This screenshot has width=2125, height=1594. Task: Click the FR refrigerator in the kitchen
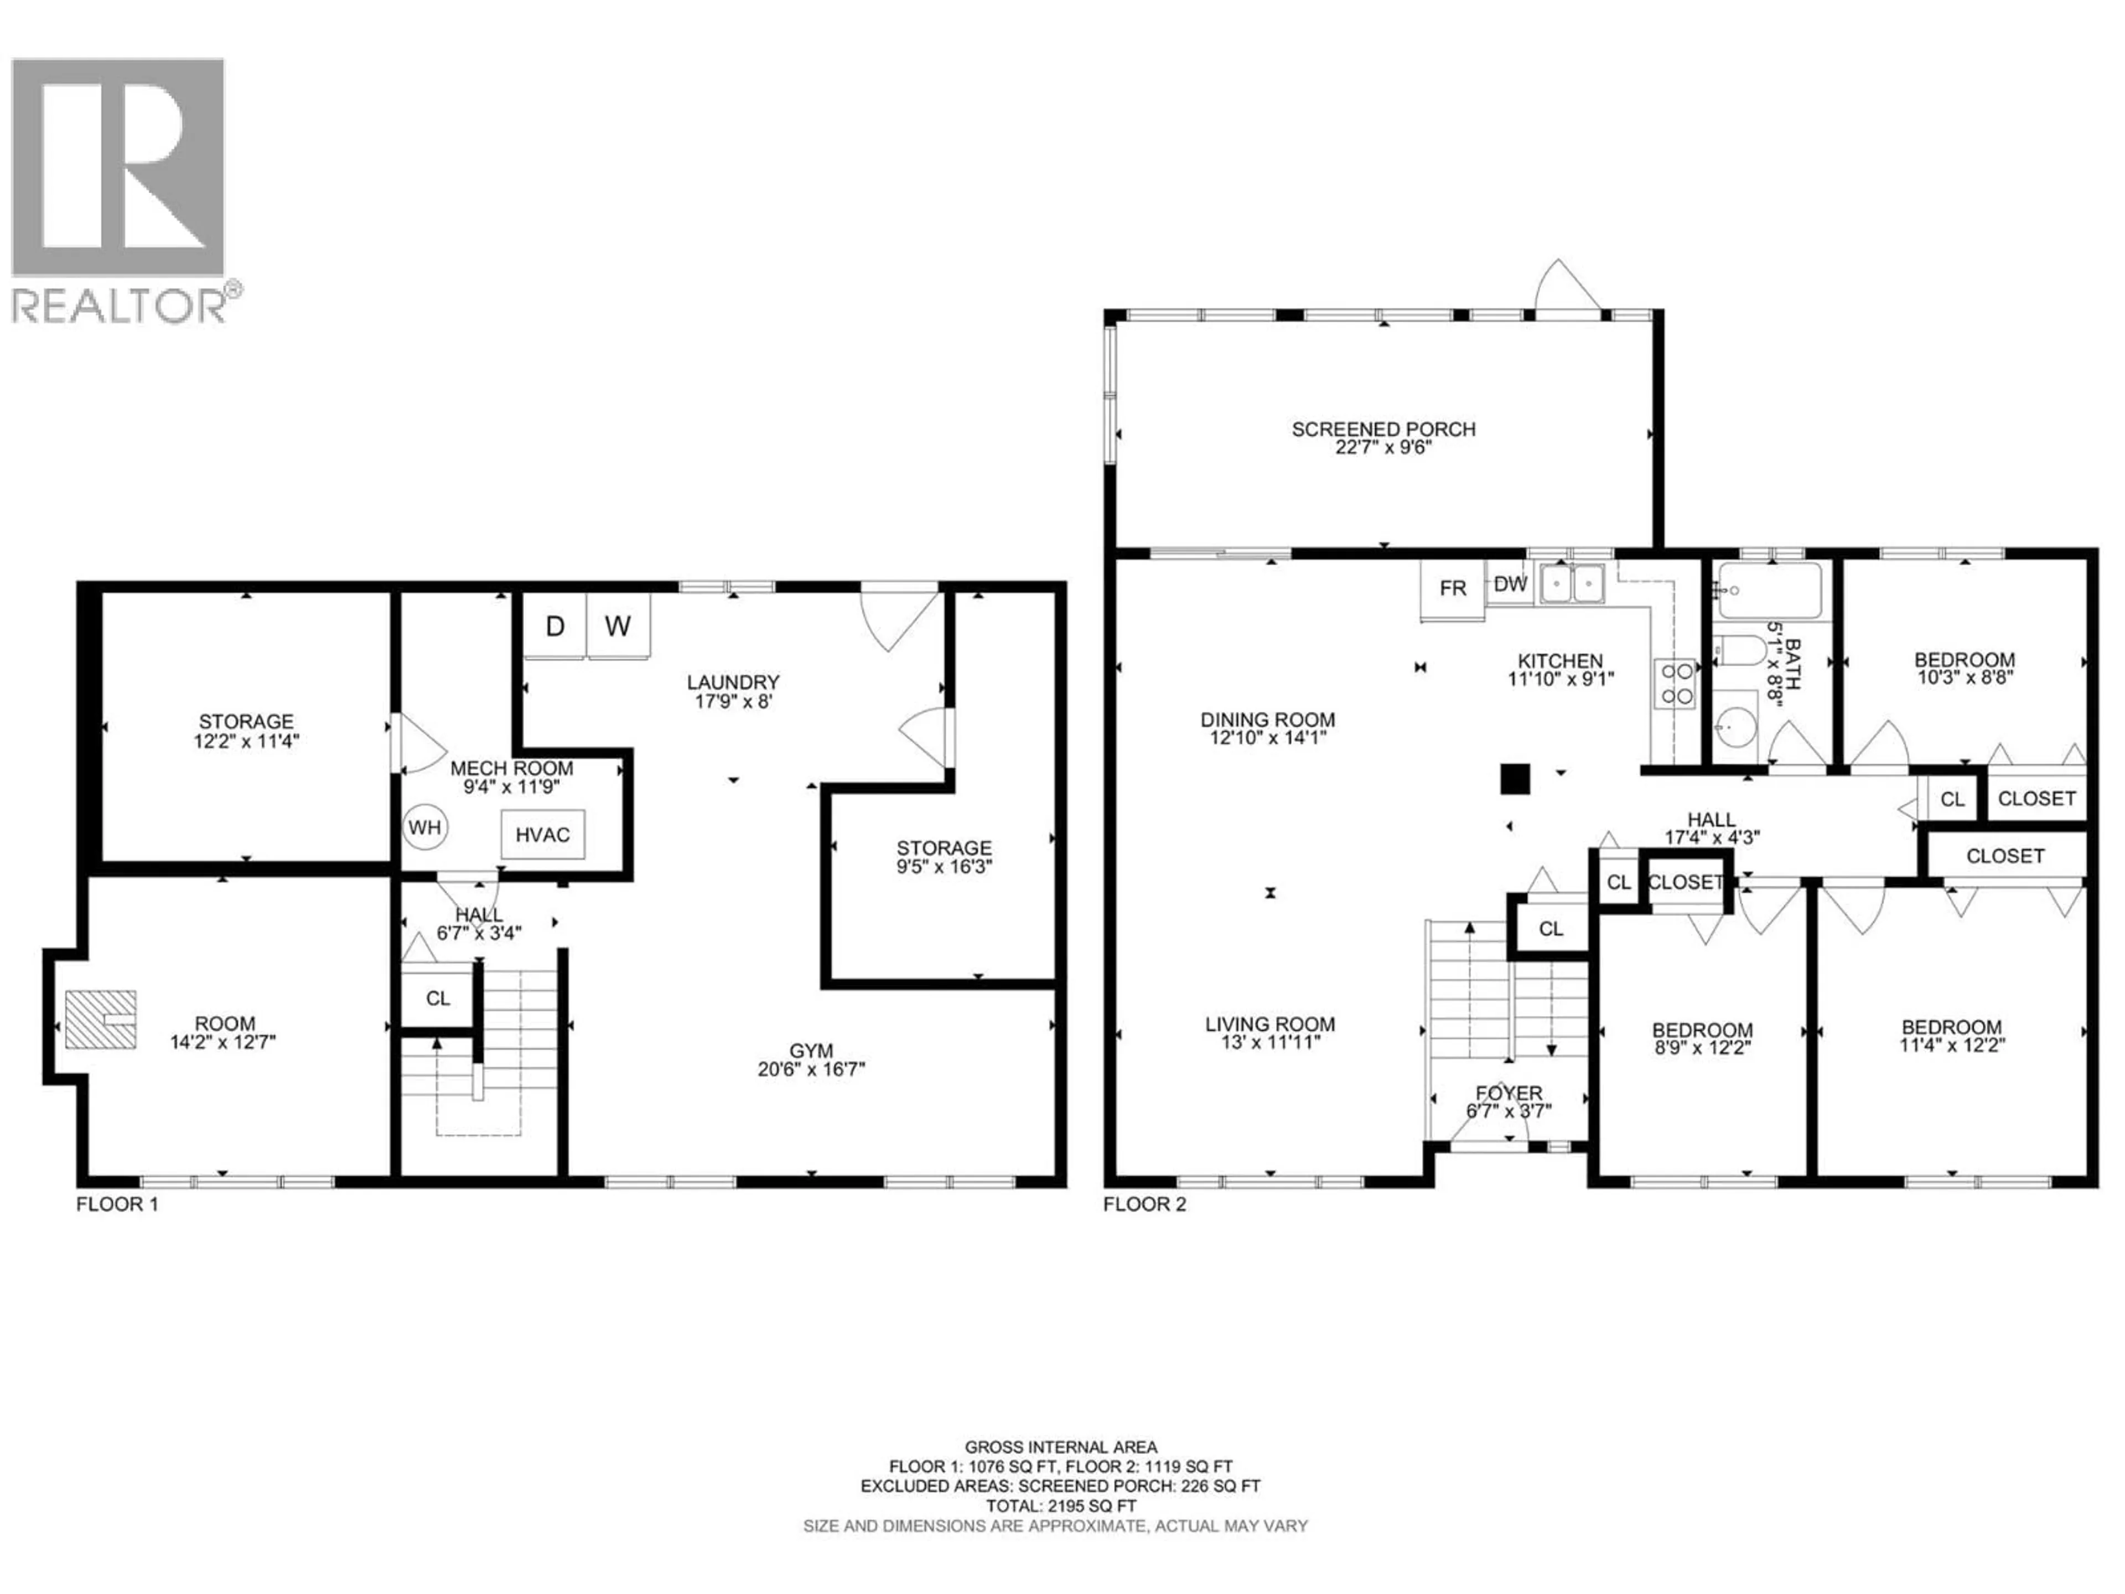click(x=1453, y=588)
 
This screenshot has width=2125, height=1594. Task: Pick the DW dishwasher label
click(x=1510, y=584)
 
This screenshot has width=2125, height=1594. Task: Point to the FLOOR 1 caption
click(x=117, y=1204)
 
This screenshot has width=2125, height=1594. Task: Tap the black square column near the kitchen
click(x=1515, y=778)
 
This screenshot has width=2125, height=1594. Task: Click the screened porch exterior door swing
click(x=1566, y=286)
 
